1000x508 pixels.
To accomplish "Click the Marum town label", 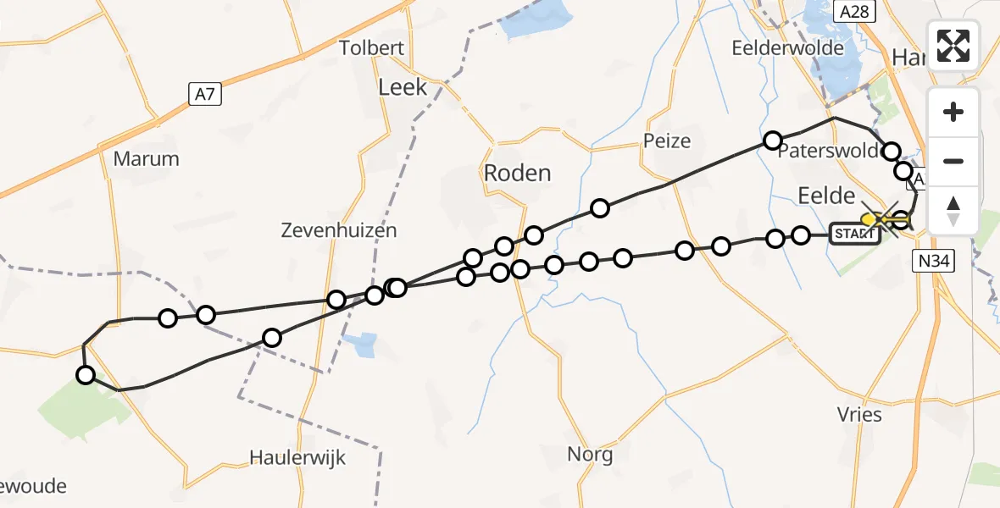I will pos(147,158).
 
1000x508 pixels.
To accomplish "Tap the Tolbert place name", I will pos(371,48).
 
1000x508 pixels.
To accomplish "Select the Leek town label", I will pos(403,86).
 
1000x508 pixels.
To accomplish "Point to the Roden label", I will pos(517,173).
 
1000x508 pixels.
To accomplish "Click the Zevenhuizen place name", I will pos(339,230).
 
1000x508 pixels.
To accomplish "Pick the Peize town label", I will pos(667,141).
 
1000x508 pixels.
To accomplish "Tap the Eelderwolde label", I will pos(788,48).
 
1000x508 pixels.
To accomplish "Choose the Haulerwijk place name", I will pos(298,457).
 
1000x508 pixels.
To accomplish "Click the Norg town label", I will pos(591,455).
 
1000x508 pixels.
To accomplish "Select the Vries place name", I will pos(859,415).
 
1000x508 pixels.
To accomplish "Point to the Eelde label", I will pos(826,196).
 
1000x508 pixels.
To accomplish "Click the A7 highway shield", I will pos(203,94).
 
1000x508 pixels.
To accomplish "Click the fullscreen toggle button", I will pos(953,45).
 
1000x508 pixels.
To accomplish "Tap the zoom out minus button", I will pos(953,161).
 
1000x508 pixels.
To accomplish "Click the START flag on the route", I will pos(854,235).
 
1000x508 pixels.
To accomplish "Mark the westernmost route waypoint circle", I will pos(85,375).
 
